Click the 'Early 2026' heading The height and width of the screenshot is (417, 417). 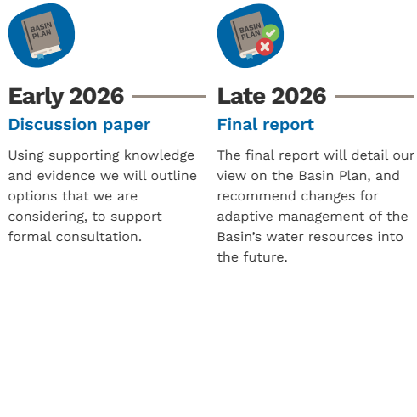[x=66, y=97]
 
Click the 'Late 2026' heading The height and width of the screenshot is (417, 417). [x=272, y=96]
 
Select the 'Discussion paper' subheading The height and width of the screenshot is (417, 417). [x=79, y=125]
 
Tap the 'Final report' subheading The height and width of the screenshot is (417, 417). [x=266, y=125]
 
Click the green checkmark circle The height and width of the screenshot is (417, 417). [x=271, y=33]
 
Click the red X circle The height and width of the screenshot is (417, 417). [x=265, y=47]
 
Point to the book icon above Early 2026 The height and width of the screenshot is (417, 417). [x=42, y=36]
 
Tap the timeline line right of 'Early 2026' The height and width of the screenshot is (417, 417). [x=169, y=96]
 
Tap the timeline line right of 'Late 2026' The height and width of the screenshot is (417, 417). [x=375, y=96]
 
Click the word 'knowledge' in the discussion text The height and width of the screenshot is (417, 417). [x=160, y=155]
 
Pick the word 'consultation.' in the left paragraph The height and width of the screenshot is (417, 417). [x=99, y=237]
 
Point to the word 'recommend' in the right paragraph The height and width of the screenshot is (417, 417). [x=256, y=196]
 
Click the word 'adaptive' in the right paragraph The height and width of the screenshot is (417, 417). [x=245, y=217]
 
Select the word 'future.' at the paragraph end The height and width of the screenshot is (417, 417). [x=265, y=257]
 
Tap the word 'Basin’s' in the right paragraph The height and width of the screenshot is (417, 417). [x=239, y=237]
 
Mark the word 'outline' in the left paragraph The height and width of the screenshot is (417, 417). [x=174, y=176]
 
